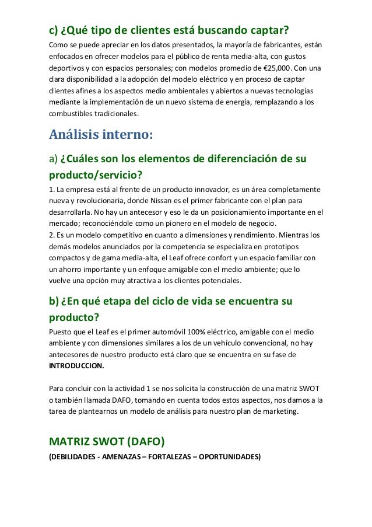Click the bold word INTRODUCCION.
pos(76,366)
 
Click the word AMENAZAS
pos(125,456)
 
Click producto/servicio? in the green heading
pos(96,174)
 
